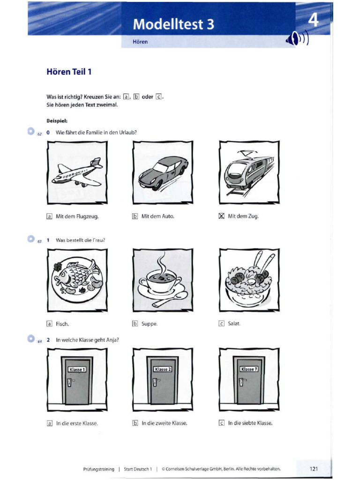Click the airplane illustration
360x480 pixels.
click(77, 172)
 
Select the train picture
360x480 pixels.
click(248, 172)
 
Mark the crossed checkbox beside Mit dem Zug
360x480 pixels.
click(222, 216)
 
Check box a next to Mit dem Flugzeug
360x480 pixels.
click(49, 217)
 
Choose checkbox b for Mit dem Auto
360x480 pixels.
click(135, 217)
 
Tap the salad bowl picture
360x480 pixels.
click(248, 280)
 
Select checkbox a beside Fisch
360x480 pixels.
click(49, 323)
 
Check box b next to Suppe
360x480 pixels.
click(135, 323)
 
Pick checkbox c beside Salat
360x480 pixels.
click(222, 323)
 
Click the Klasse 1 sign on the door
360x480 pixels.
click(77, 369)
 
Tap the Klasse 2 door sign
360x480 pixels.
click(163, 369)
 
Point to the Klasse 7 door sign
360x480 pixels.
click(248, 369)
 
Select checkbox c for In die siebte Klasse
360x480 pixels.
click(222, 423)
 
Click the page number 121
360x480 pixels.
click(315, 468)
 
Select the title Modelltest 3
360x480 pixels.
click(173, 24)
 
